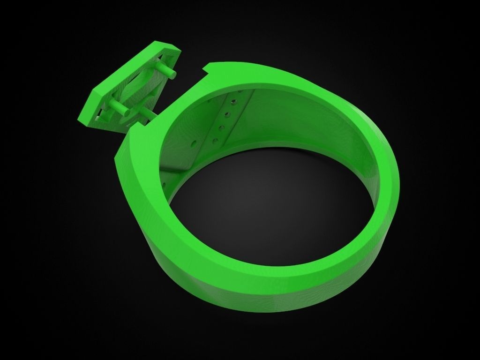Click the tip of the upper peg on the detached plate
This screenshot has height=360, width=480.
(x=174, y=74)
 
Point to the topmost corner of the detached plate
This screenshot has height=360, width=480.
(x=162, y=42)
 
